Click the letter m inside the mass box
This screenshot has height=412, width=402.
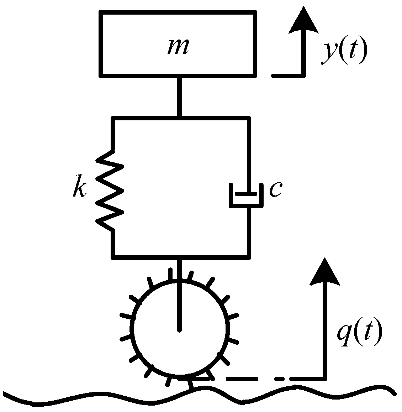178,48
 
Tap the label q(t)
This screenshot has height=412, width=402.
359,333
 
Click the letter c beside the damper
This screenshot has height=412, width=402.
275,189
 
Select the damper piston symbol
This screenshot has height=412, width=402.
248,195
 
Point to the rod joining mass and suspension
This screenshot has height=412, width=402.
180,96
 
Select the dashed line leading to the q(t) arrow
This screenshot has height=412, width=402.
260,378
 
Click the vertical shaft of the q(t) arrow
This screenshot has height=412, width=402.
324,331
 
